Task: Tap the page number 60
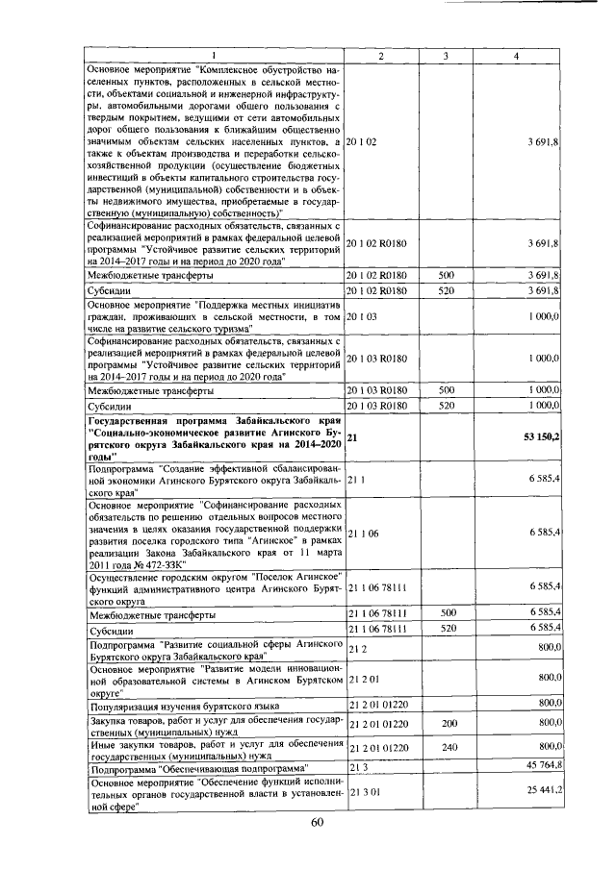tap(319, 823)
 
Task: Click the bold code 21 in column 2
tap(351, 437)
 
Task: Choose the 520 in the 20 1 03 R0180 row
tap(445, 406)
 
